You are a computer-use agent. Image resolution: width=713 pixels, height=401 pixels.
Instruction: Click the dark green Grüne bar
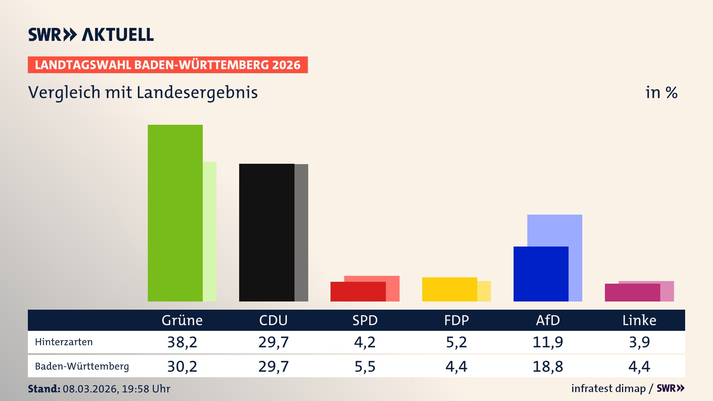[175, 213]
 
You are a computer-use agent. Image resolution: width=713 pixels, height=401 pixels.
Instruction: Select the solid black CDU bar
[267, 232]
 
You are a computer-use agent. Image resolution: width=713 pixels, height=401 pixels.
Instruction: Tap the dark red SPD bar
[358, 292]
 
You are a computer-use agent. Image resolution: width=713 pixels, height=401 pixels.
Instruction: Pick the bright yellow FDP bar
[449, 289]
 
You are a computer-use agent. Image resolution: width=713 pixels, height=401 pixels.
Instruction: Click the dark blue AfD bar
[541, 274]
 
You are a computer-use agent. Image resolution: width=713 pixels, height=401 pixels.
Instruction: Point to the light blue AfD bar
[555, 230]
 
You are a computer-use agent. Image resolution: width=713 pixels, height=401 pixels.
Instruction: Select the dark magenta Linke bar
[632, 293]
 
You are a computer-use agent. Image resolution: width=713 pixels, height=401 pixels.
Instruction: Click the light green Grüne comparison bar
[210, 232]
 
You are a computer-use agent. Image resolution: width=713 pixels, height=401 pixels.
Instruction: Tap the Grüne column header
[182, 320]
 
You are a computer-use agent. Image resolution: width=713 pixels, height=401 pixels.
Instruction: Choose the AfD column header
[548, 320]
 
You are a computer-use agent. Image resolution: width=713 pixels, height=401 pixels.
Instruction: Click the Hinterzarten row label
[64, 342]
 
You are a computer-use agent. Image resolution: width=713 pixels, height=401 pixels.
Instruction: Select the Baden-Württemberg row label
[82, 366]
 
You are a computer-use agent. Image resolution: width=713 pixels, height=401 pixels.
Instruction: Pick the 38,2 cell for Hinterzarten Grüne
[182, 342]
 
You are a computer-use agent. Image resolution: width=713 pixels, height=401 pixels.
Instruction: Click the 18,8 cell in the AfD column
[548, 366]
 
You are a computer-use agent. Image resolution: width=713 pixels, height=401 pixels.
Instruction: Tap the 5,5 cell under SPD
[365, 366]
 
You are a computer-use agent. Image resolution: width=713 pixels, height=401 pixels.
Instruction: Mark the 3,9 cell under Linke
[639, 342]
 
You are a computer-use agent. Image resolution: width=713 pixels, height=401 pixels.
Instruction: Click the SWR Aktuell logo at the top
[91, 35]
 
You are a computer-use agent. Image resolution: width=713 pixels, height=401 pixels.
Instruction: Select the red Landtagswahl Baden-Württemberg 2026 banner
[167, 65]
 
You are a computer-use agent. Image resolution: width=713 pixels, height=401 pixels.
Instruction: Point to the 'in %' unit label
[661, 92]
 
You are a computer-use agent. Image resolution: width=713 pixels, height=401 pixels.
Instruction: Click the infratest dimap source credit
[608, 388]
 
